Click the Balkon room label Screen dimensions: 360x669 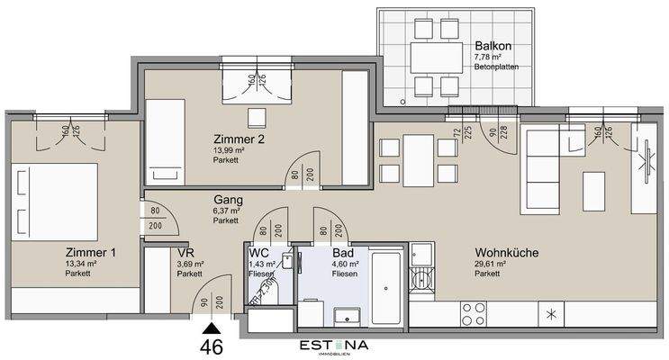point(493,46)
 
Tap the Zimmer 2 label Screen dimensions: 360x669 point(238,139)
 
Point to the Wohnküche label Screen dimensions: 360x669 point(506,254)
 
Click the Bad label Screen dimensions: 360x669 point(342,254)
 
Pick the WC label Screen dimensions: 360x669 point(259,254)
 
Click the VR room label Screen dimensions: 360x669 point(185,254)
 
